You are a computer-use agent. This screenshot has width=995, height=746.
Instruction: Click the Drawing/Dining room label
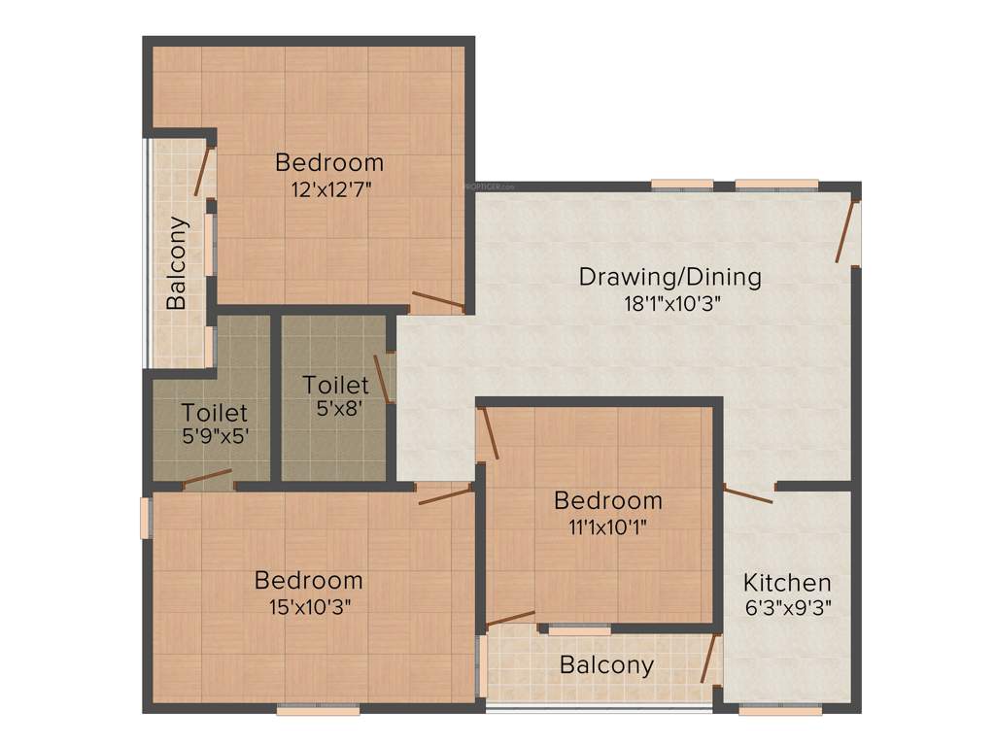pyautogui.click(x=669, y=277)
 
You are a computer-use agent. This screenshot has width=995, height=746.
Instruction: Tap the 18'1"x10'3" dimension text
pyautogui.click(x=669, y=303)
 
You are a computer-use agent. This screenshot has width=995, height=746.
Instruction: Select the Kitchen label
pyautogui.click(x=787, y=583)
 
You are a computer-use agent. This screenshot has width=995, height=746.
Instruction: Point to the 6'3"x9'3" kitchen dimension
pyautogui.click(x=787, y=609)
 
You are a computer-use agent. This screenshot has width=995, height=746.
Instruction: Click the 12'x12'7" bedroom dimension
pyautogui.click(x=329, y=188)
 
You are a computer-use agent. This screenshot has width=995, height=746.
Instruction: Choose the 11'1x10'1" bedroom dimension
pyautogui.click(x=608, y=526)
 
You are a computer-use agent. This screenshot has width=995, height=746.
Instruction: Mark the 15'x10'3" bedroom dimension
pyautogui.click(x=309, y=606)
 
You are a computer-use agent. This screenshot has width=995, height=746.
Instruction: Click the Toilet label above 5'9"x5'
pyautogui.click(x=214, y=413)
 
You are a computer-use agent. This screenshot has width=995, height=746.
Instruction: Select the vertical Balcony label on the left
pyautogui.click(x=176, y=262)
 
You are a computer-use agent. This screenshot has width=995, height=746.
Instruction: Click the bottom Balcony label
pyautogui.click(x=606, y=665)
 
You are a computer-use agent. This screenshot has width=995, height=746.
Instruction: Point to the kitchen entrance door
pyautogui.click(x=748, y=494)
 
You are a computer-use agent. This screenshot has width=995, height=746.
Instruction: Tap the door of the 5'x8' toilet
pyautogui.click(x=382, y=379)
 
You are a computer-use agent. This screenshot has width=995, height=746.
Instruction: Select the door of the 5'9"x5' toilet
pyautogui.click(x=207, y=477)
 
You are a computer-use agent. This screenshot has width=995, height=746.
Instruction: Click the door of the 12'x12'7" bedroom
pyautogui.click(x=437, y=300)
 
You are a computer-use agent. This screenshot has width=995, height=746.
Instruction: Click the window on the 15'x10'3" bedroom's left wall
pyautogui.click(x=145, y=518)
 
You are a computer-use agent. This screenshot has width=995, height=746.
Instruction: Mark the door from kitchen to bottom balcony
pyautogui.click(x=709, y=659)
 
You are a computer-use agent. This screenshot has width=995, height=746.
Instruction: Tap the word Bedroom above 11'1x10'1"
pyautogui.click(x=608, y=500)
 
